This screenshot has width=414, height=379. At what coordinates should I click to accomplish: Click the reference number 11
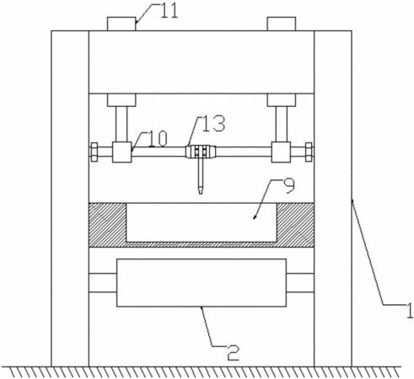pos(169,11)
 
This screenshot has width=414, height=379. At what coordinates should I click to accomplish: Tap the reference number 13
pos(214,124)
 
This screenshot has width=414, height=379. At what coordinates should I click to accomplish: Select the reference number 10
pos(159,138)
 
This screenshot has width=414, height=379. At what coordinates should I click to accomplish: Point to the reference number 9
pos(289,186)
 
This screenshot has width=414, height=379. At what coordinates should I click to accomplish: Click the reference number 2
pos(234,352)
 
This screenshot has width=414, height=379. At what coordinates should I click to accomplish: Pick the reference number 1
pos(410,310)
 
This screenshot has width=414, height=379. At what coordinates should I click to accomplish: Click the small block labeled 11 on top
pos(121,24)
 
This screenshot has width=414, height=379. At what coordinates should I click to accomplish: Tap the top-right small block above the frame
pos(282,24)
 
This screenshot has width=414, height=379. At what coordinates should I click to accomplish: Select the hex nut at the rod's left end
pos(94,152)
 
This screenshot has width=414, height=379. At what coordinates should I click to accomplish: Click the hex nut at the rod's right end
pos(309,152)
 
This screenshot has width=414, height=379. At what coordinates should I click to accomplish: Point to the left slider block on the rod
pos(122,152)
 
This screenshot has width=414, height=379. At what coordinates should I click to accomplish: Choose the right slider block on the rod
pos(281,152)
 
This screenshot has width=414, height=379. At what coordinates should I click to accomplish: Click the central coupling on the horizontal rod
pos(201,152)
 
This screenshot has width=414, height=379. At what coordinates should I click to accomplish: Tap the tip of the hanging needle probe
pos(201,194)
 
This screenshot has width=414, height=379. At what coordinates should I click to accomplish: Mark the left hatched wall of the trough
pos(108,222)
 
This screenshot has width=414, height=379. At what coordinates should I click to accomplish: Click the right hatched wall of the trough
pos(295,222)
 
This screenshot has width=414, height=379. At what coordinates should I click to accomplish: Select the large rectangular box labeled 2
pos(202,283)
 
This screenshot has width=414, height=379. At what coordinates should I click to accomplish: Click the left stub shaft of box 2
pos(103,283)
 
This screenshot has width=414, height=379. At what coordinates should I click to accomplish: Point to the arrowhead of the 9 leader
pos(255,218)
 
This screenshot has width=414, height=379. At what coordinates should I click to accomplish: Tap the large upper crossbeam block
pos(202,62)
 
